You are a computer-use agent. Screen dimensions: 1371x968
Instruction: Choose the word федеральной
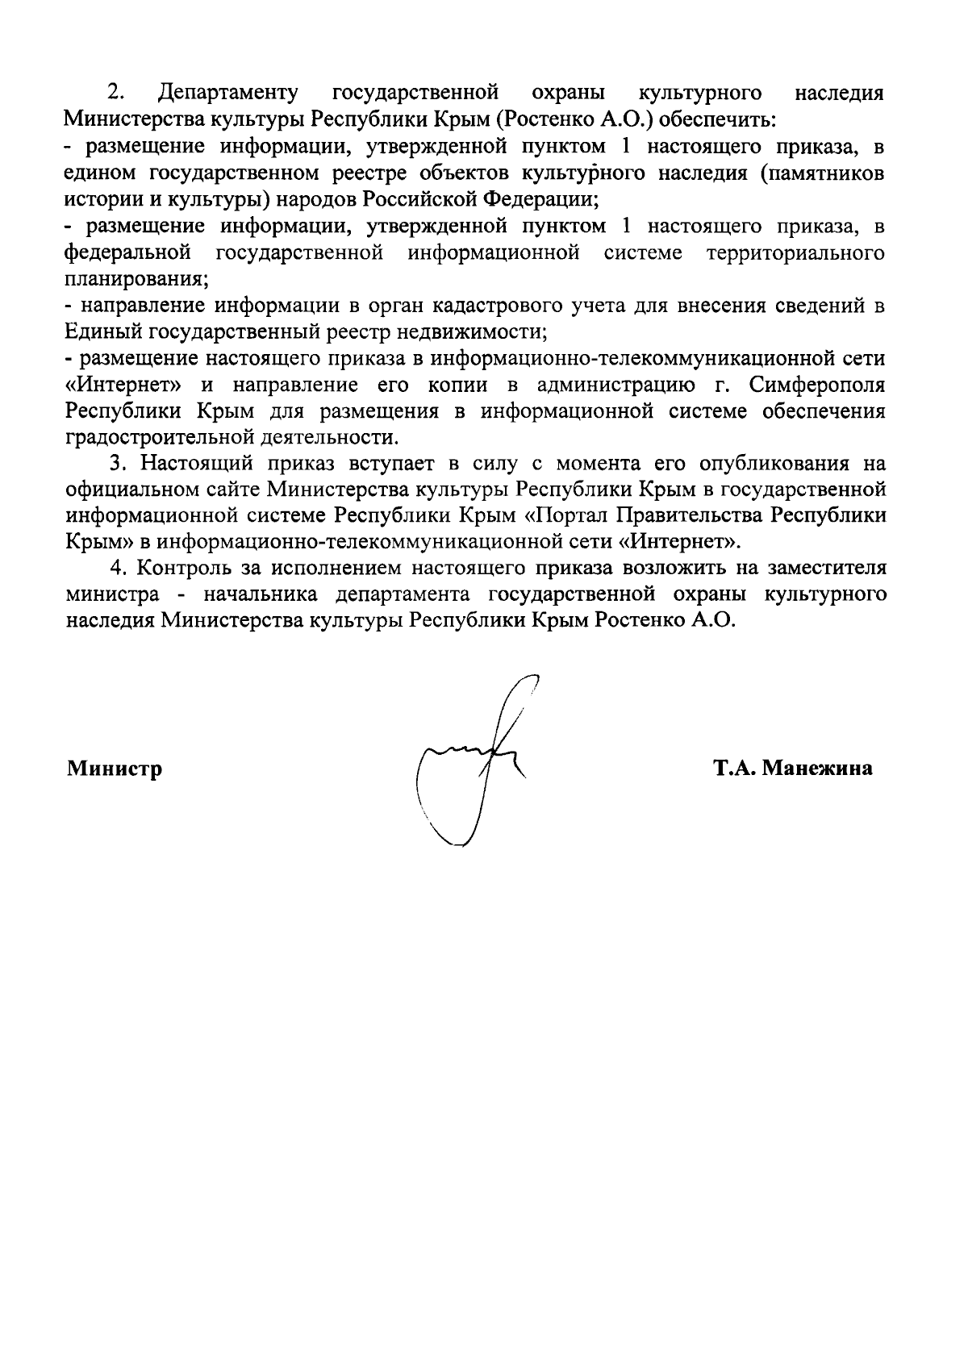tap(127, 253)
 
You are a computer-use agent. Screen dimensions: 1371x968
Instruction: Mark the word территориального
tap(795, 253)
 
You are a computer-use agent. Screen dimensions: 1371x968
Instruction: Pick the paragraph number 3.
tap(117, 464)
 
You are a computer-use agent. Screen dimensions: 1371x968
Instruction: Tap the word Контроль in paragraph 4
tap(183, 569)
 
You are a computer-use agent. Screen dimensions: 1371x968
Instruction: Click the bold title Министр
tap(115, 769)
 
